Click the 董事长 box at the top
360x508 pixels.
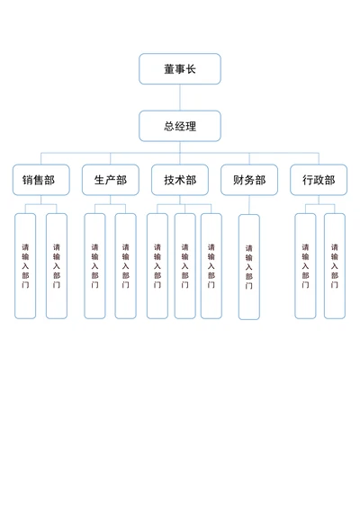point(179,69)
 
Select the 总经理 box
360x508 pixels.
point(179,127)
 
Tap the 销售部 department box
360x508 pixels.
point(39,180)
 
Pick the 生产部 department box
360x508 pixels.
point(110,180)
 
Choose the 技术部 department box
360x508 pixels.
point(180,180)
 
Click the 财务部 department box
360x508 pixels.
point(249,180)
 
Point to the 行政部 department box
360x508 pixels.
point(318,180)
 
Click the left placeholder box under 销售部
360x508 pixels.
point(25,265)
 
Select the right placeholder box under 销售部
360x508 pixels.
point(57,265)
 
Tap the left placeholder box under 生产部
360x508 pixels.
point(94,265)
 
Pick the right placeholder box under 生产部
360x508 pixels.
point(125,265)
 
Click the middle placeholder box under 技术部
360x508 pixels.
point(184,265)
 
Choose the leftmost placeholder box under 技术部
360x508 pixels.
point(157,265)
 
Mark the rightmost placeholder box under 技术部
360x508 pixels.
point(211,265)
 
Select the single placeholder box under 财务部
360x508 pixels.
point(249,267)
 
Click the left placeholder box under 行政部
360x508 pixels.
point(305,265)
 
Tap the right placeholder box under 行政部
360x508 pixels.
point(335,265)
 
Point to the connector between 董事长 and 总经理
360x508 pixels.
point(179,98)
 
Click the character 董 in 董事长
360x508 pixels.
point(168,69)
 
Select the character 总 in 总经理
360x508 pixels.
point(168,127)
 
